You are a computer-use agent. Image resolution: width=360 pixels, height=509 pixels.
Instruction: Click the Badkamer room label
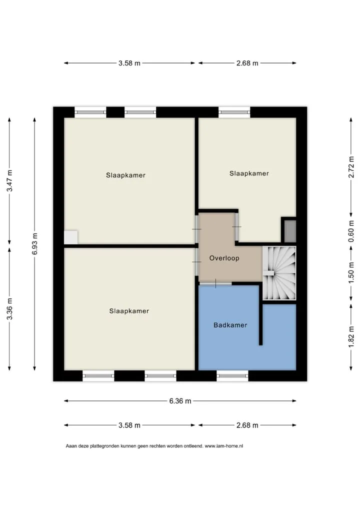point(230,325)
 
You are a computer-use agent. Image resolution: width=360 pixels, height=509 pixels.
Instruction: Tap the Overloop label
point(224,258)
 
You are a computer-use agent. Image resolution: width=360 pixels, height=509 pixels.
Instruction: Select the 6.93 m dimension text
point(34,244)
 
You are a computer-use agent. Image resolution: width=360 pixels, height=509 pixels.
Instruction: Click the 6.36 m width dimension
point(180,401)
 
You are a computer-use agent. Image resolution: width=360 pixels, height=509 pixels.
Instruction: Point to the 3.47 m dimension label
point(9,180)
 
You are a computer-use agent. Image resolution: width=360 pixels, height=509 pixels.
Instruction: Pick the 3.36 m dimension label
point(9,308)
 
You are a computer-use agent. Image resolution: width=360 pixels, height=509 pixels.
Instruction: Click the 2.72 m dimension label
point(351,167)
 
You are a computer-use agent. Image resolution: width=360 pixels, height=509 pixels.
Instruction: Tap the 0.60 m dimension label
point(351,231)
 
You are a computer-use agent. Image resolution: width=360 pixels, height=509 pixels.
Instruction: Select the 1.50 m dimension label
point(351,272)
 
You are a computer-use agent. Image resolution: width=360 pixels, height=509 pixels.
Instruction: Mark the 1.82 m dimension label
point(351,336)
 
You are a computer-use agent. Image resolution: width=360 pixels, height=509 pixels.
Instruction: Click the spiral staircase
point(279,273)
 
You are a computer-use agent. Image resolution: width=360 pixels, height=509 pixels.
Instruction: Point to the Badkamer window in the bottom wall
point(232,376)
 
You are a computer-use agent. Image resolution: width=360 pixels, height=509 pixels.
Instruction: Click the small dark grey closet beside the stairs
point(290,231)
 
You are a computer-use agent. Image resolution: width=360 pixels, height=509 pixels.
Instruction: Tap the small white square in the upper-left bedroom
point(71,237)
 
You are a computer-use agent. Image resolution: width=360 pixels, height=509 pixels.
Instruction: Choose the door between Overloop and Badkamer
point(215,283)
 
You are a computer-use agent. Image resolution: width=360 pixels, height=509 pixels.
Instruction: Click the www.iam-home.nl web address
point(223,446)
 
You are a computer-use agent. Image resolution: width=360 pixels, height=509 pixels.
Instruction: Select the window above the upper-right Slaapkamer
point(234,112)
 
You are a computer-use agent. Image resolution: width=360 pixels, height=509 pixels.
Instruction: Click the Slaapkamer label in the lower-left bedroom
point(129,311)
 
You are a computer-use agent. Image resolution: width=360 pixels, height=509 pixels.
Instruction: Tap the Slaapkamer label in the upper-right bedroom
point(249,173)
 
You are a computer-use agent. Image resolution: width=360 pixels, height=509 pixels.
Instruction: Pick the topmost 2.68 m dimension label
point(247,63)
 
